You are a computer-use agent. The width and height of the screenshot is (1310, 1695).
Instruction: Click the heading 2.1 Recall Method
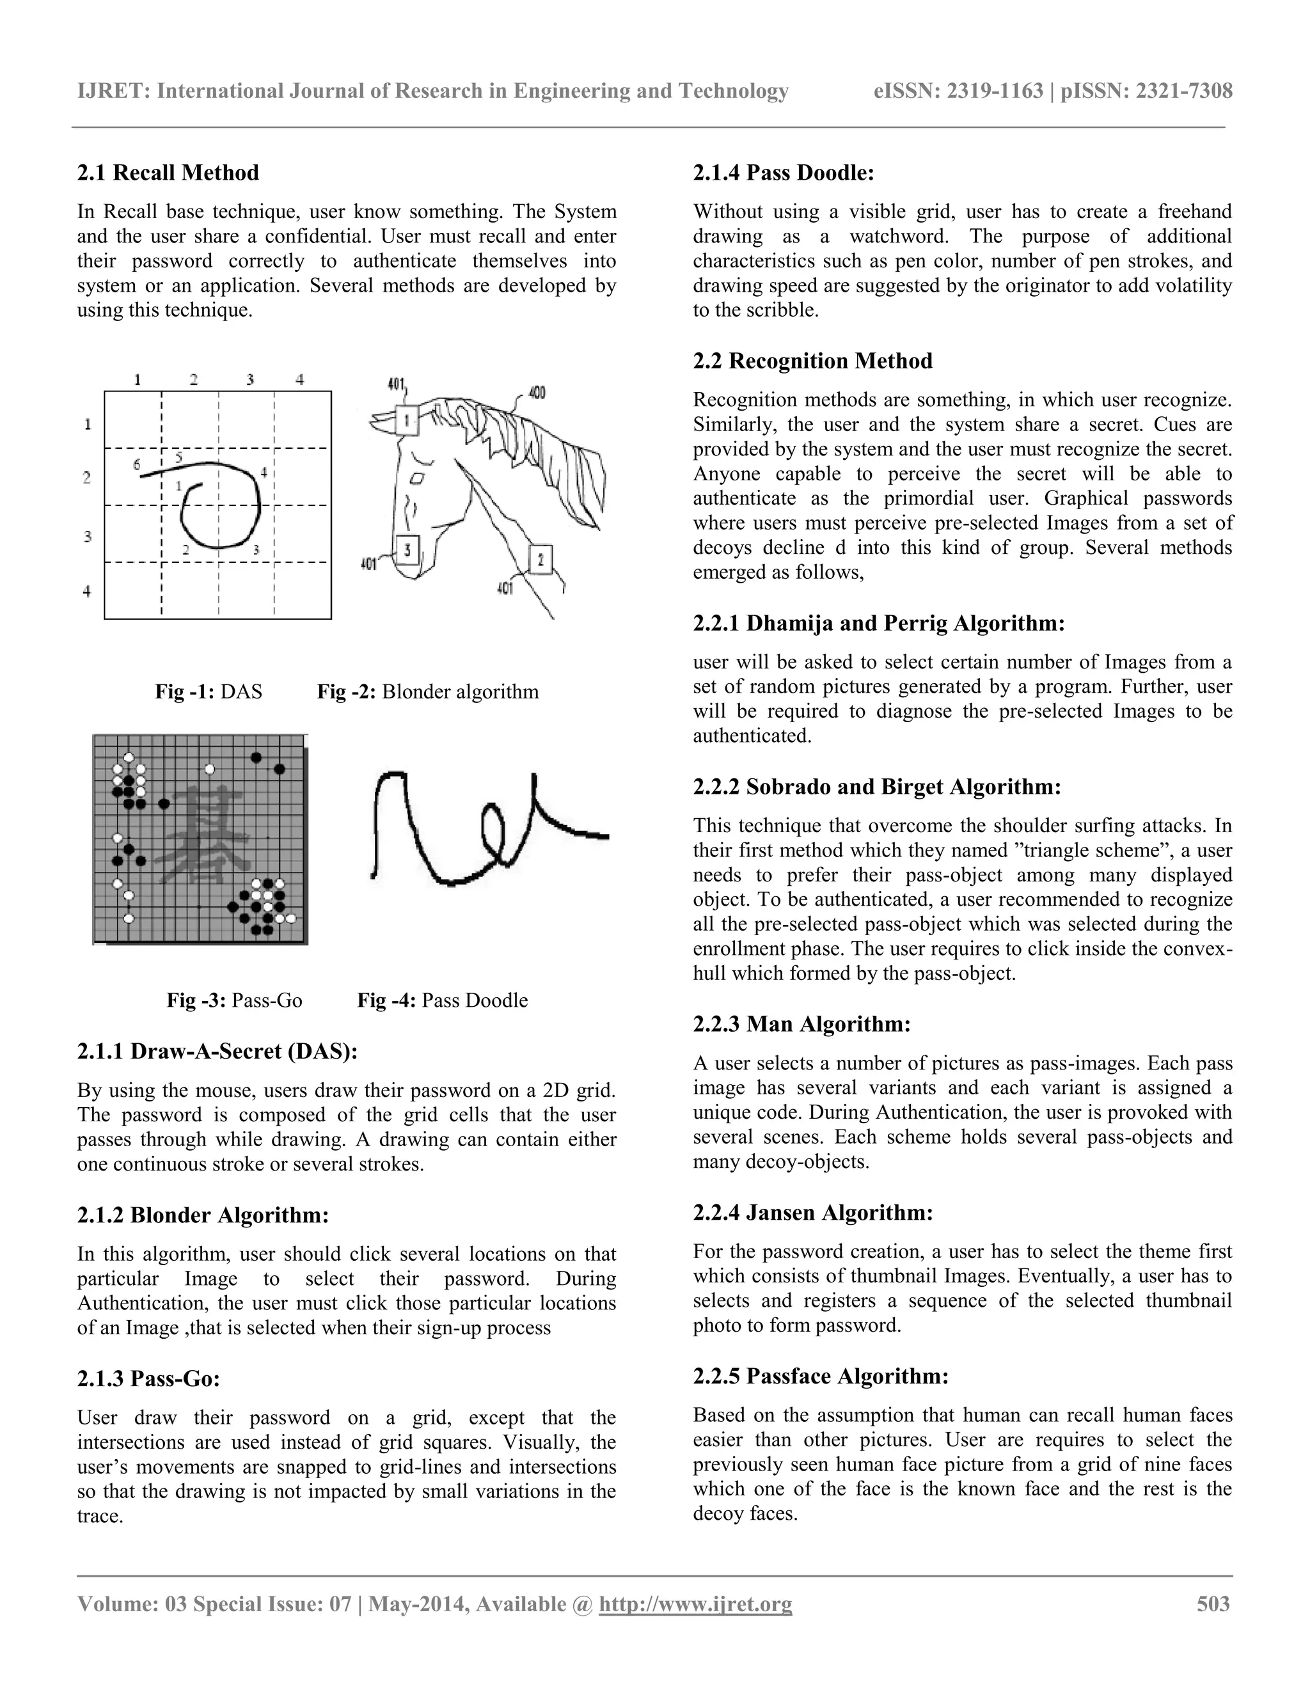pyautogui.click(x=168, y=172)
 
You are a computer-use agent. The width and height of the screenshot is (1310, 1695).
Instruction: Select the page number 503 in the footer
pyautogui.click(x=1213, y=1604)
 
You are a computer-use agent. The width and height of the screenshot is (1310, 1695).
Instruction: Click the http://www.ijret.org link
pyautogui.click(x=695, y=1604)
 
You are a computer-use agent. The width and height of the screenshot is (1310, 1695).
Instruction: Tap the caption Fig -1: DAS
pyautogui.click(x=209, y=691)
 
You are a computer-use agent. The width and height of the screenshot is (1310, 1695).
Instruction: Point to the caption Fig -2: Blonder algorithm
pyautogui.click(x=428, y=691)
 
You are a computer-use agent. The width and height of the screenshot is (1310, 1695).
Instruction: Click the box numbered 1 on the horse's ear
pyautogui.click(x=406, y=421)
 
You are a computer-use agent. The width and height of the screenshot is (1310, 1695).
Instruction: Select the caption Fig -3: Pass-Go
pyautogui.click(x=234, y=1000)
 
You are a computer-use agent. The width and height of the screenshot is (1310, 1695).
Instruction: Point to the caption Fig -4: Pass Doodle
pyautogui.click(x=443, y=1000)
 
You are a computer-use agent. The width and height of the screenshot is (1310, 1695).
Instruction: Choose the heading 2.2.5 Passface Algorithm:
pyautogui.click(x=820, y=1376)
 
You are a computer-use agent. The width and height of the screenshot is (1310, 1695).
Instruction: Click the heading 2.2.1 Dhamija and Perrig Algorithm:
pyautogui.click(x=878, y=623)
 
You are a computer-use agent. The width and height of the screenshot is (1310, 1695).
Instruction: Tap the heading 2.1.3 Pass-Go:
pyautogui.click(x=148, y=1378)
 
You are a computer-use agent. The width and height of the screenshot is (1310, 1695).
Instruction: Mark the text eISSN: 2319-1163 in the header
pyautogui.click(x=958, y=91)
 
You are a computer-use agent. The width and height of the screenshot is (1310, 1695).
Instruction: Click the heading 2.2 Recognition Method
pyautogui.click(x=812, y=361)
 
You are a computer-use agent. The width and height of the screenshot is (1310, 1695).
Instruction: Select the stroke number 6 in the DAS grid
pyautogui.click(x=138, y=465)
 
